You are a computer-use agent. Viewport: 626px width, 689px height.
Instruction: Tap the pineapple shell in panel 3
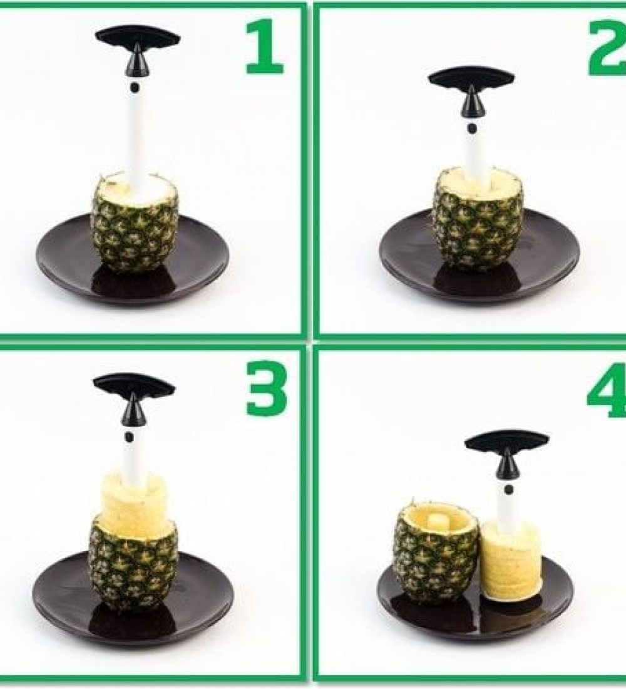pyautogui.click(x=133, y=567)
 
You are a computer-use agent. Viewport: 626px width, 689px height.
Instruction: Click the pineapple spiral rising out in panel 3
pyautogui.click(x=133, y=504)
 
